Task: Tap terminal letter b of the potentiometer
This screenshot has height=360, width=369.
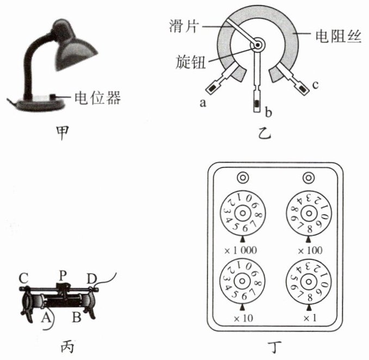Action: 268,113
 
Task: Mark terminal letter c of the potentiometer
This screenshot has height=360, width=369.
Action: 316,85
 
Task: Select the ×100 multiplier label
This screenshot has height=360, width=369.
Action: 309,251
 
